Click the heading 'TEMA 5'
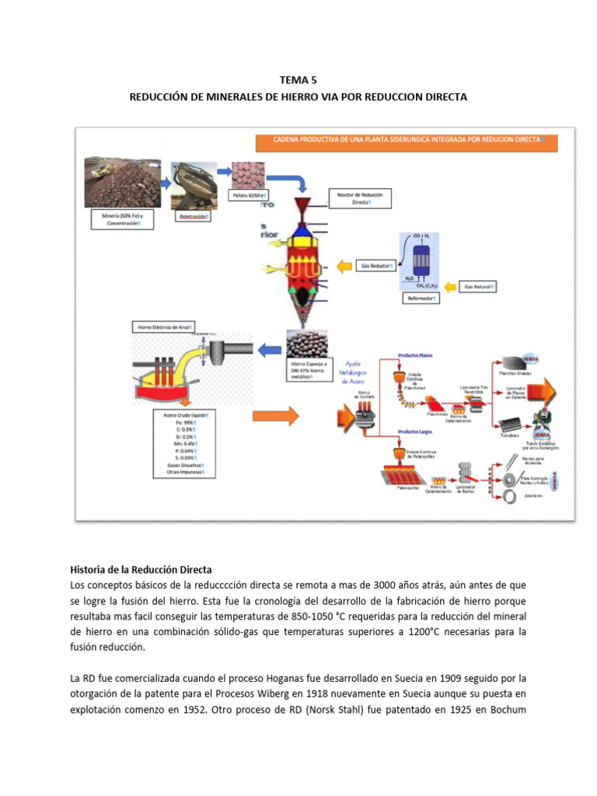click(298, 79)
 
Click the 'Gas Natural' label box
click(479, 287)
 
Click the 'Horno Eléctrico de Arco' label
click(162, 327)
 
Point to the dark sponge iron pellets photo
click(308, 344)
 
